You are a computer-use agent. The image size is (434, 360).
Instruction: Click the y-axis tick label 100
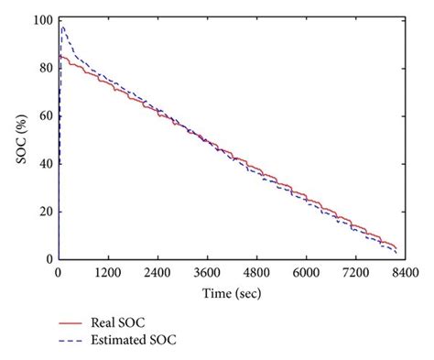point(40,20)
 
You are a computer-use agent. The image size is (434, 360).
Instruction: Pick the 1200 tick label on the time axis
point(108,272)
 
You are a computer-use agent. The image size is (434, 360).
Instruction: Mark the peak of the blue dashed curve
point(62,27)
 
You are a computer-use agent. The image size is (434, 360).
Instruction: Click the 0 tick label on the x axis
point(59,272)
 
